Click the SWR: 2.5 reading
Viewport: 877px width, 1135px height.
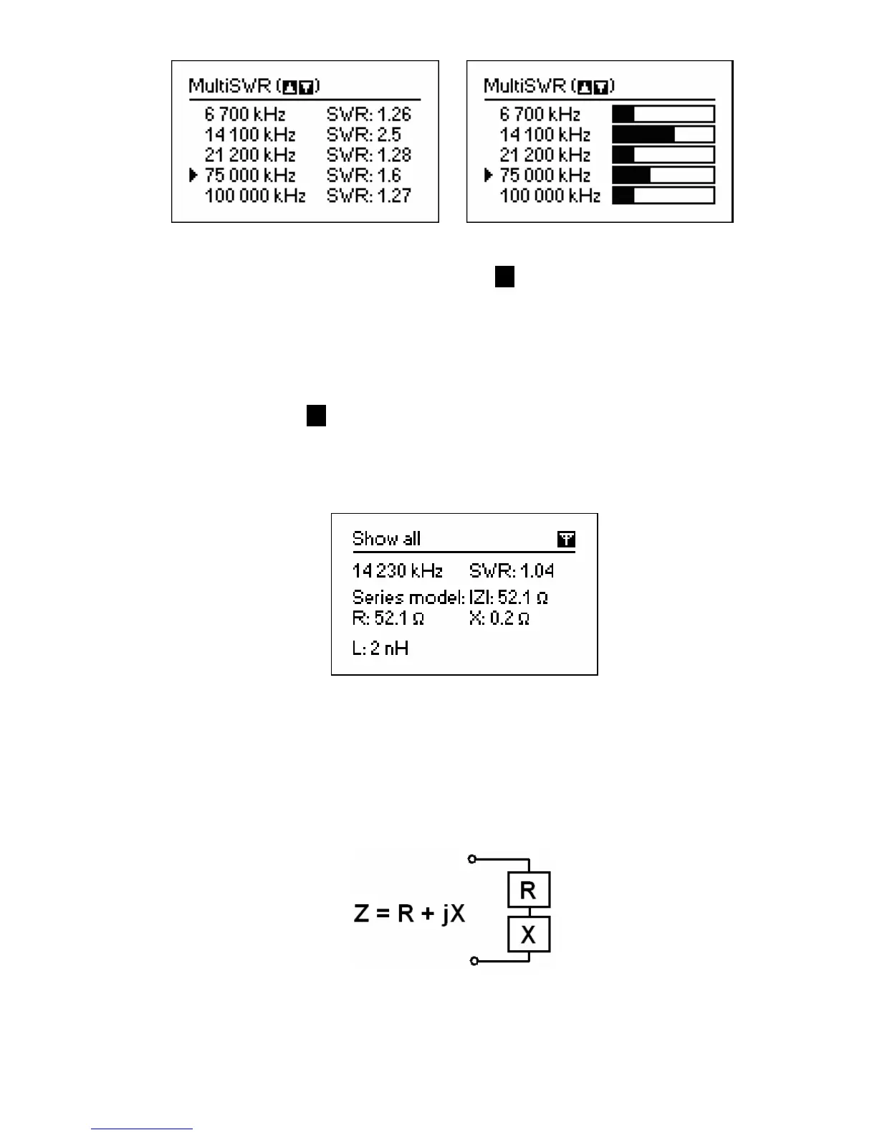(364, 135)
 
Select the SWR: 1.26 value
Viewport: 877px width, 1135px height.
(369, 114)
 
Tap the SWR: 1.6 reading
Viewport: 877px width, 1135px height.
(364, 176)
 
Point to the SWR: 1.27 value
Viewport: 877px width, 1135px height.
(369, 196)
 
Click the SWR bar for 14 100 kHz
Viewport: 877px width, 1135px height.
(663, 135)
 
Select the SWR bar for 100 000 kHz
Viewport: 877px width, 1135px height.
(663, 196)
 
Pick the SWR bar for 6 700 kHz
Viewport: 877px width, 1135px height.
(663, 114)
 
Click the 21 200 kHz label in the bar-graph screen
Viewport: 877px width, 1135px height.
(545, 155)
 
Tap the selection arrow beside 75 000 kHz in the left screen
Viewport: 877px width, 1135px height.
(193, 175)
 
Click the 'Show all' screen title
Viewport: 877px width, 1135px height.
(386, 539)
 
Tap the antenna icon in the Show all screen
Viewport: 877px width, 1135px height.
(566, 540)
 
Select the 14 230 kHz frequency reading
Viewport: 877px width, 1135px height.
(398, 571)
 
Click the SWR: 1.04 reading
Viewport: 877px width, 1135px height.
(512, 571)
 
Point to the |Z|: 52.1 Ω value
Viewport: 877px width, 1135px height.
(509, 598)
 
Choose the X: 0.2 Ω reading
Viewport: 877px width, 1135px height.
(499, 618)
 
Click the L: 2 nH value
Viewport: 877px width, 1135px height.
(380, 649)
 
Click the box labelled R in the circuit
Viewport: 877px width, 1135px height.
(529, 890)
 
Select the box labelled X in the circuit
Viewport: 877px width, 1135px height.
(529, 934)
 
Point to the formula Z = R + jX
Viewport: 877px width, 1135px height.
(409, 914)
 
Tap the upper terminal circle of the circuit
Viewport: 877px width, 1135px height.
(471, 859)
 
